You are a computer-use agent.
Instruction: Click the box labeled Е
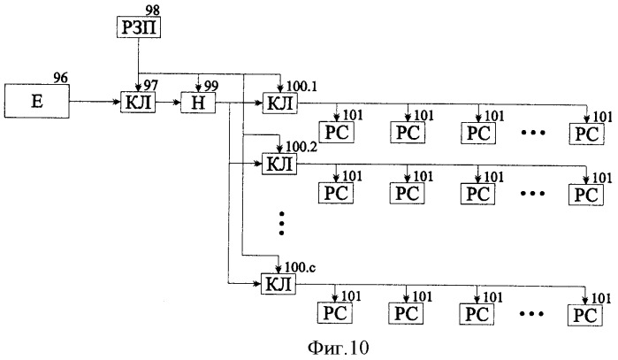36,101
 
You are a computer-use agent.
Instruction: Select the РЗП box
139,27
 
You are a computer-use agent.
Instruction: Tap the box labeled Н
198,103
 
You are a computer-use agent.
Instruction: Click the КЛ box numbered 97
138,103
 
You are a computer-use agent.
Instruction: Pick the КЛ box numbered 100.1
280,103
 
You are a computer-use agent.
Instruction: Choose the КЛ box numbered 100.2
279,164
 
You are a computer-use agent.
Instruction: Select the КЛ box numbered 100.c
278,284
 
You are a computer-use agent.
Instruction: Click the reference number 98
152,10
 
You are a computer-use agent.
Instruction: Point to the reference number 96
60,77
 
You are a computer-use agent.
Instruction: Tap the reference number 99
211,87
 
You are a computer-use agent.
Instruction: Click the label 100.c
300,267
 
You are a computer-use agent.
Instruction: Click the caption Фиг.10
338,348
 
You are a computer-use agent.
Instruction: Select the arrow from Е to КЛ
95,102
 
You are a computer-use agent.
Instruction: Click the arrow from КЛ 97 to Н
168,103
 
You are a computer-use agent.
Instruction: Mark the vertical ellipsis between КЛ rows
281,223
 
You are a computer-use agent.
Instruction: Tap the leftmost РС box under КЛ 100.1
337,132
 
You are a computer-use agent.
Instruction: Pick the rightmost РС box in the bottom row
585,316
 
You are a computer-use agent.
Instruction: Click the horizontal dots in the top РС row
533,133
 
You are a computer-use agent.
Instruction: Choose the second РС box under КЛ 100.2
408,193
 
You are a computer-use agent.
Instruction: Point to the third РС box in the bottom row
477,314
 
